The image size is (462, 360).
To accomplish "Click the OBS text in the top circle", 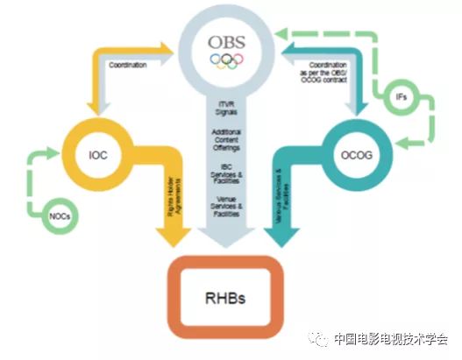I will click(x=227, y=42).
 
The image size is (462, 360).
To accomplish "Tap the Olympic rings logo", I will click(x=227, y=61).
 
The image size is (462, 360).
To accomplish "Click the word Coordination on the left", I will click(x=129, y=64).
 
